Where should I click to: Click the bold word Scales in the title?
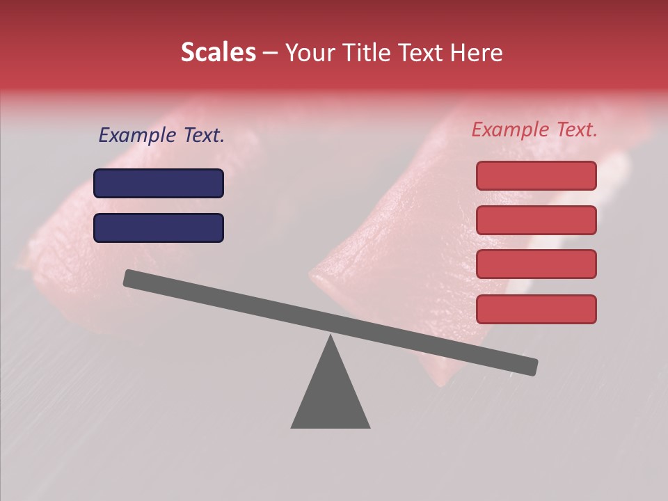(x=218, y=52)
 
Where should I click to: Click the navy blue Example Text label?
(x=161, y=136)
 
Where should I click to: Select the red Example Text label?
(x=534, y=129)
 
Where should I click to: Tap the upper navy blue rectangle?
(x=159, y=183)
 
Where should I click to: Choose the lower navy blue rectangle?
(x=159, y=228)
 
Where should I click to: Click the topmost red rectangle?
(x=536, y=175)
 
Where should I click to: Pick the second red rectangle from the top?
(x=536, y=220)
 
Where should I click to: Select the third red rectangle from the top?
(x=536, y=264)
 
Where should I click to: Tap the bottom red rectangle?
(x=536, y=309)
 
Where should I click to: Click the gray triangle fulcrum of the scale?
(x=331, y=397)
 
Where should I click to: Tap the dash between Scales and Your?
(x=271, y=53)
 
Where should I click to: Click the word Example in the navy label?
(x=137, y=136)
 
